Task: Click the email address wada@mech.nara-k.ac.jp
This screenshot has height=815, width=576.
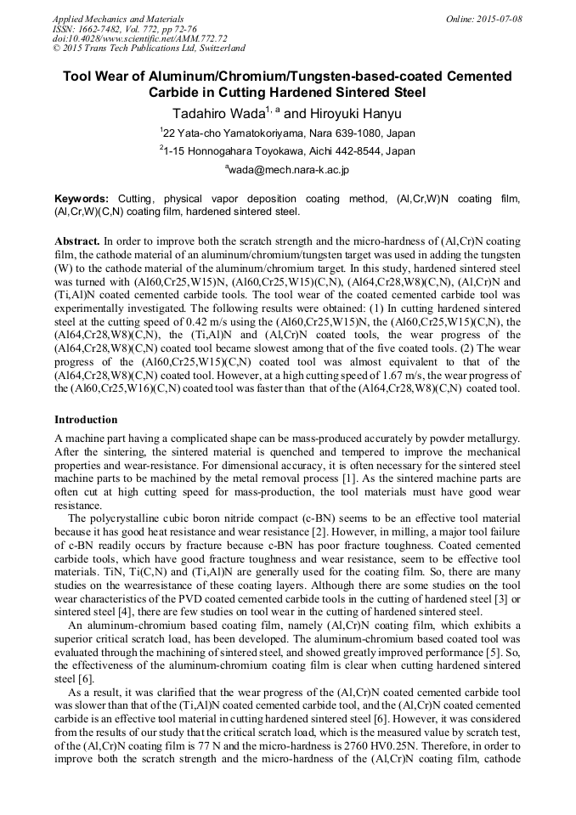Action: tap(289, 170)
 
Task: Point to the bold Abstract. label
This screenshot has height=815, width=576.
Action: tap(77, 241)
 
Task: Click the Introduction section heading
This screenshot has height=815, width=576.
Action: tap(87, 419)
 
